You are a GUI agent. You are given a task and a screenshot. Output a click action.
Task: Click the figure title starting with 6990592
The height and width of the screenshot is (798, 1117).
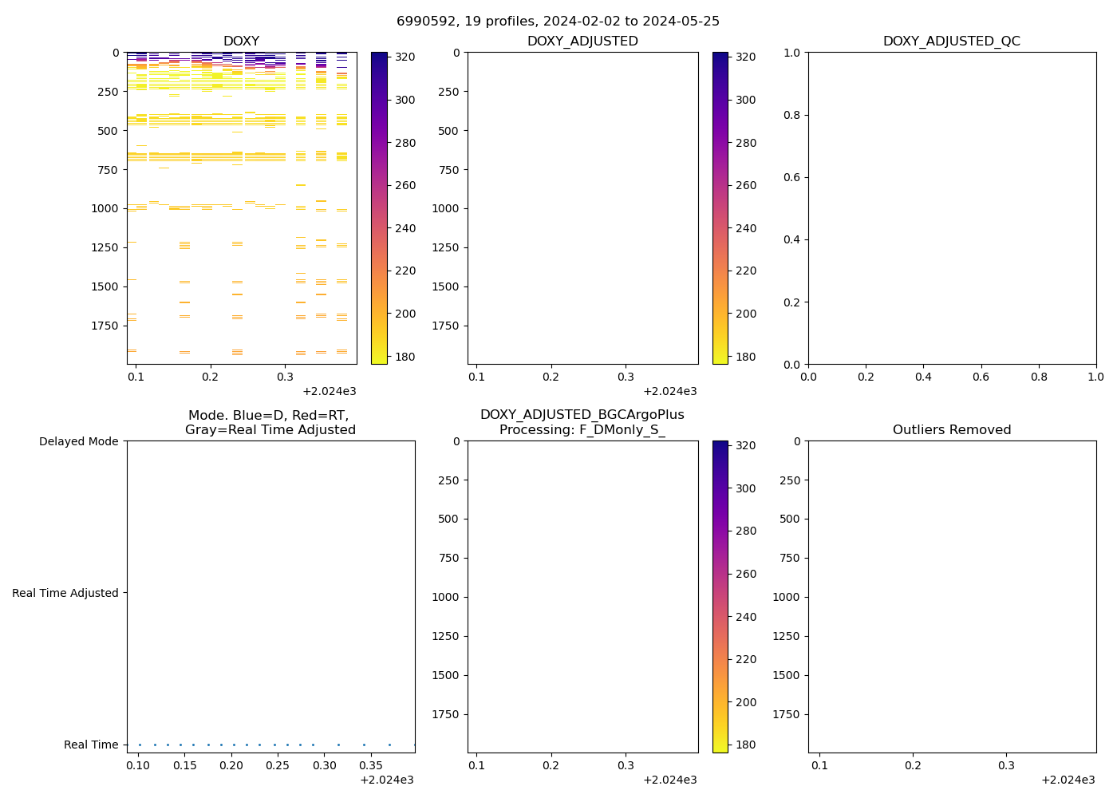point(558,21)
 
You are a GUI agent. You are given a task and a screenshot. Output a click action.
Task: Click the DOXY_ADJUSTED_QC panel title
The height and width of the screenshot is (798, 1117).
point(951,41)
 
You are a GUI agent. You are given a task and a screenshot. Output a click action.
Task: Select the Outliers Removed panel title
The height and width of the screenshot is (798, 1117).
point(951,429)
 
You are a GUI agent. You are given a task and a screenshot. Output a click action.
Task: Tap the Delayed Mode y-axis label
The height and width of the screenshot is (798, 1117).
point(78,441)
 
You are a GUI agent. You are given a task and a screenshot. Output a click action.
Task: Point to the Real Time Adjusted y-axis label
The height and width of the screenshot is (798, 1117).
point(65,593)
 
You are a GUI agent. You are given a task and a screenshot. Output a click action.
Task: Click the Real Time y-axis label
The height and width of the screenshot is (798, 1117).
point(91,745)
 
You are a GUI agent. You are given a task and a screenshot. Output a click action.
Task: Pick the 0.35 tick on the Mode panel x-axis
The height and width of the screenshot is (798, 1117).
point(278,765)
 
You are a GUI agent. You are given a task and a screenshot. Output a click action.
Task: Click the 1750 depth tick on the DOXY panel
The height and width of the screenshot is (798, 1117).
point(104,326)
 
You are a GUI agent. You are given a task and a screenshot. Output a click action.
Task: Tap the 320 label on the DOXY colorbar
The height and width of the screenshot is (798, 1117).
point(405,57)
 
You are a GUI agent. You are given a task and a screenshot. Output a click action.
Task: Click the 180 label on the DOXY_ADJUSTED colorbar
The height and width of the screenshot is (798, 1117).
point(746,357)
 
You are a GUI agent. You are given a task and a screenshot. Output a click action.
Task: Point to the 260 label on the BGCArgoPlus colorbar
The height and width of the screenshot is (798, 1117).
point(746,574)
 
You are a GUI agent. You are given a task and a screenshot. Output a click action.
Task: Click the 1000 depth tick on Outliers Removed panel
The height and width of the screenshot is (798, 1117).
point(786,597)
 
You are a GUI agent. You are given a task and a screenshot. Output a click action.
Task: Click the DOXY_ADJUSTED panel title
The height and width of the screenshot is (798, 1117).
point(582,41)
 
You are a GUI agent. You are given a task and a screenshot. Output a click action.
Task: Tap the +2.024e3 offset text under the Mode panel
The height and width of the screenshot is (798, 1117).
point(387,780)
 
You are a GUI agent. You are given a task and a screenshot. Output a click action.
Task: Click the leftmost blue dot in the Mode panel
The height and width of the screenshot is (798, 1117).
point(140,745)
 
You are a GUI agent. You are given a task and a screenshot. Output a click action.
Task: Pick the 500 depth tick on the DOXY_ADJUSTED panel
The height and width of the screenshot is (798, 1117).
point(448,131)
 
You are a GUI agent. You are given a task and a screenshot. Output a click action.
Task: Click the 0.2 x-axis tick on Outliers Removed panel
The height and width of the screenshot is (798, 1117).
point(913,765)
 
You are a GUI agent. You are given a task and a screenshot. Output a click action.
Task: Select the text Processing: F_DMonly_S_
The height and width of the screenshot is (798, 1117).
point(582,429)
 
